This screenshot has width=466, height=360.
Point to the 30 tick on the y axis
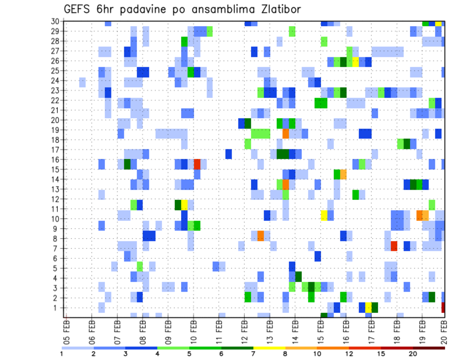pyautogui.click(x=55, y=21)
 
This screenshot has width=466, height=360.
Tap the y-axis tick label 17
pyautogui.click(x=55, y=150)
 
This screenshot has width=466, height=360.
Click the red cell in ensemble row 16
pyautogui.click(x=197, y=164)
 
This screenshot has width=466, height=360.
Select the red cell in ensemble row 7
pyautogui.click(x=394, y=246)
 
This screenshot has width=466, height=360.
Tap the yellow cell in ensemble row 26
pyautogui.click(x=356, y=62)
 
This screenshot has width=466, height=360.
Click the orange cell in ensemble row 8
pyautogui.click(x=261, y=236)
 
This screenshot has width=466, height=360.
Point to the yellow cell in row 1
pyautogui.click(x=368, y=307)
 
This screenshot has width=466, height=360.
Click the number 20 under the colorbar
pyautogui.click(x=413, y=354)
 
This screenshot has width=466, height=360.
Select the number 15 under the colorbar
pyautogui.click(x=381, y=354)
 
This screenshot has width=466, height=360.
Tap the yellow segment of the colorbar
pyautogui.click(x=269, y=348)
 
